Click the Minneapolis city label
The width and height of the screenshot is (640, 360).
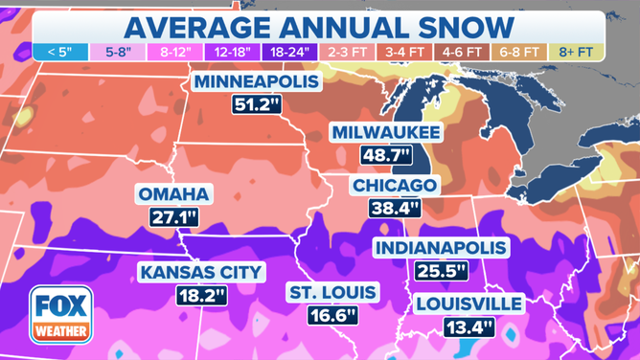tap(258, 82)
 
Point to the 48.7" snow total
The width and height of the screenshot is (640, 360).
tap(385, 154)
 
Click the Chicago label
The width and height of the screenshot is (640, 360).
tap(395, 185)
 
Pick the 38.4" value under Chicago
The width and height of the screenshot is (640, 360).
tap(395, 207)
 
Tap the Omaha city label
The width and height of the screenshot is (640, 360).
tap(172, 194)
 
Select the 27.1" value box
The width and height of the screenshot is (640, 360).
tap(172, 217)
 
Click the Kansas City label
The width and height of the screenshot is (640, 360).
tap(200, 272)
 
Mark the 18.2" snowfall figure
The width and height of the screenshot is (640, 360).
tap(200, 295)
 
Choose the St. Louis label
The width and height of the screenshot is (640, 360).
tap(332, 291)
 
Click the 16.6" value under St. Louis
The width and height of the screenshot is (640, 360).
tap(332, 314)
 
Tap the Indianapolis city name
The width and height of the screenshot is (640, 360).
tap(441, 248)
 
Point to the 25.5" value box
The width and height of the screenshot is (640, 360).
tap(441, 271)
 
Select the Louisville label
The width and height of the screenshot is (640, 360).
tap(469, 304)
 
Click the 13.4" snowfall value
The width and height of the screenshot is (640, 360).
tap(469, 327)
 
